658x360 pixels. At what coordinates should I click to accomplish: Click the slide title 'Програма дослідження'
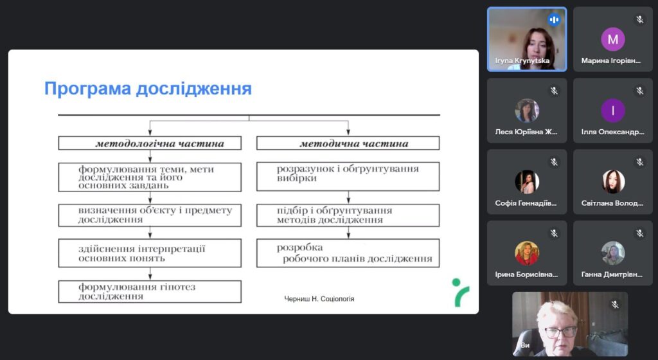pos(148,89)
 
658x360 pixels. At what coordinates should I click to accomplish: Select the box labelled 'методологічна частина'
pos(150,143)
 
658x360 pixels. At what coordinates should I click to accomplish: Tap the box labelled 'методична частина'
pos(348,143)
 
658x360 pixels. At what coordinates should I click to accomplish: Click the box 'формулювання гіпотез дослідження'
pos(150,292)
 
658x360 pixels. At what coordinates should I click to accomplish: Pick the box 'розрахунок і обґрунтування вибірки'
pos(348,177)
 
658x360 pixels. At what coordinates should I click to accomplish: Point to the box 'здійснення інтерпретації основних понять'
pos(150,253)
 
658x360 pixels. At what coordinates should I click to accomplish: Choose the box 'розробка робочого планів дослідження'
pos(348,253)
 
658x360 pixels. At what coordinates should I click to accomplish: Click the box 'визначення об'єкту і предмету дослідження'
pos(150,215)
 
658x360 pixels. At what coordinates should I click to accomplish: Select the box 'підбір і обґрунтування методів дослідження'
pos(348,215)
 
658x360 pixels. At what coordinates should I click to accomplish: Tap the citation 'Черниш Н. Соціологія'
pos(319,299)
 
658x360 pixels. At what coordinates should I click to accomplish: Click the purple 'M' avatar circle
pos(612,39)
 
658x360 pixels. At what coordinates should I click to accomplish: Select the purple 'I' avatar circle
pos(612,111)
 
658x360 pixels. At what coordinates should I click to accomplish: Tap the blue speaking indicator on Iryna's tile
pos(554,19)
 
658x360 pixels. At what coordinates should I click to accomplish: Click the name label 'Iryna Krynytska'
pos(522,61)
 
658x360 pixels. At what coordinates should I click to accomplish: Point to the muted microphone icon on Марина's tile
pos(639,19)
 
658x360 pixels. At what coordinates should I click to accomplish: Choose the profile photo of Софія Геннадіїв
pos(527,182)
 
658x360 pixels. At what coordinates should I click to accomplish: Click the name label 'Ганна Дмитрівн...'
pos(612,274)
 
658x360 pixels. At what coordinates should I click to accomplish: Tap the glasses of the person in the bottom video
pos(560,332)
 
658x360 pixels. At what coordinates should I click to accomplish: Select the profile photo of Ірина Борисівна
pos(527,253)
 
